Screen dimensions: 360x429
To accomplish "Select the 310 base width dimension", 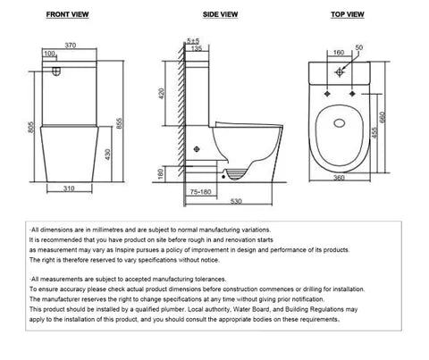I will (x=71, y=188).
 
